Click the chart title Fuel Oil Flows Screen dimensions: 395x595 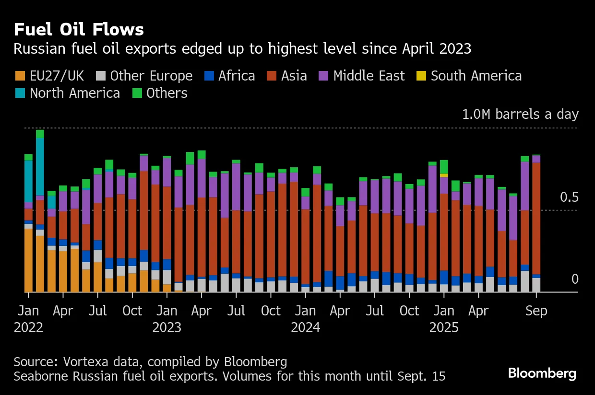pyautogui.click(x=79, y=30)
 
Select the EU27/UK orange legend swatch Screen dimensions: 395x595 pyautogui.click(x=20, y=76)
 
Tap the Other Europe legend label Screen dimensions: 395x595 pyautogui.click(x=151, y=76)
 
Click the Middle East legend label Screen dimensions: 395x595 pyautogui.click(x=369, y=76)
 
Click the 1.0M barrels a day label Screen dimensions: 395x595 pyautogui.click(x=520, y=115)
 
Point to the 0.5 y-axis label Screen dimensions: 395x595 pyautogui.click(x=569, y=197)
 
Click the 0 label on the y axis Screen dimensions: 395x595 pyautogui.click(x=575, y=279)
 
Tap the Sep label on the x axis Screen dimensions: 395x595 pyautogui.click(x=536, y=311)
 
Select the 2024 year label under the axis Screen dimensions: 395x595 pyautogui.click(x=306, y=328)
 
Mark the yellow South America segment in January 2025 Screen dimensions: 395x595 pyautogui.click(x=444, y=175)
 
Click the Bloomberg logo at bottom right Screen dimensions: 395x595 pyautogui.click(x=542, y=373)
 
